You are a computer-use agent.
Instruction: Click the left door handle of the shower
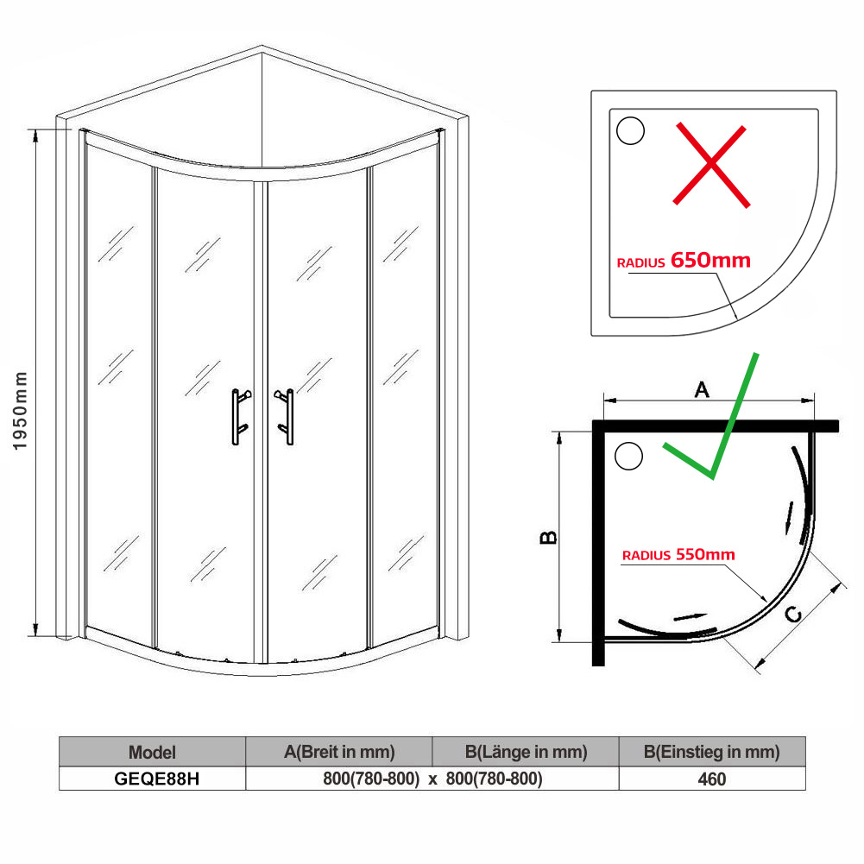coord(237,417)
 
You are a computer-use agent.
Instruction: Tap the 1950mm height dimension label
coord(20,411)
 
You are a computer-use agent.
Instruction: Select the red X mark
coord(711,164)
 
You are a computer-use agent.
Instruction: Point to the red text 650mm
coord(711,260)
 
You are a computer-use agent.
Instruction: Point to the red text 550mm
coord(705,554)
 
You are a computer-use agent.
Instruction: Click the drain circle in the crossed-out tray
coord(630,130)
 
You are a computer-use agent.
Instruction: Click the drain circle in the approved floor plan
coord(628,456)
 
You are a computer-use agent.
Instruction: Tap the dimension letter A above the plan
coord(702,389)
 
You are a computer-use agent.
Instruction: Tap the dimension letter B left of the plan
coord(548,537)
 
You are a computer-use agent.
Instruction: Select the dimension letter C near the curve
coord(793,614)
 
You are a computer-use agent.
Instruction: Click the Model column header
coord(152,752)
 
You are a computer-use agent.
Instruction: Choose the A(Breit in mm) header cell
coord(339,752)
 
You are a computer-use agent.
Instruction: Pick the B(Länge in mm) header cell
coord(527,752)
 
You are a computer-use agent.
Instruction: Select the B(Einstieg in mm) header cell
coord(712,752)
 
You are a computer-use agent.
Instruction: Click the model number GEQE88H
coord(157,779)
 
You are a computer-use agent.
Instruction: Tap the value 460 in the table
coord(712,779)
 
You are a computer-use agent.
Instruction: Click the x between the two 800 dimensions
coord(432,779)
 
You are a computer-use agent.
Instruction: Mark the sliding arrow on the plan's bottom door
coord(691,617)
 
